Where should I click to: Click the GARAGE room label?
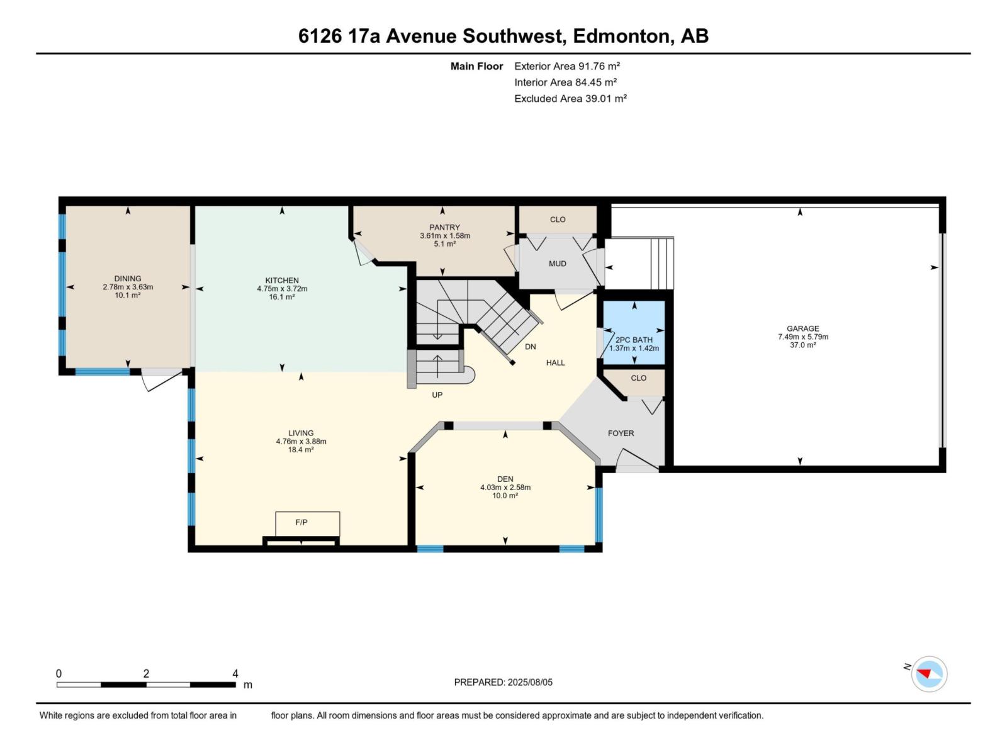pyautogui.click(x=802, y=328)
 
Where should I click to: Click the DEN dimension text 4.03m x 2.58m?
pyautogui.click(x=505, y=488)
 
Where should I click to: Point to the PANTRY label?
pyautogui.click(x=444, y=228)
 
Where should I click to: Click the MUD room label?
pyautogui.click(x=557, y=264)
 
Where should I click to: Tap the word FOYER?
pyautogui.click(x=621, y=433)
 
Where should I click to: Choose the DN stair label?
pyautogui.click(x=530, y=347)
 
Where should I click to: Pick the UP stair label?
pyautogui.click(x=437, y=395)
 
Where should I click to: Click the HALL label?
pyautogui.click(x=555, y=363)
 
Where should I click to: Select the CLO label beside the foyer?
pyautogui.click(x=638, y=378)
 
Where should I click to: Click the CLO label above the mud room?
pyautogui.click(x=558, y=220)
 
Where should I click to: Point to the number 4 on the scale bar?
pyautogui.click(x=235, y=674)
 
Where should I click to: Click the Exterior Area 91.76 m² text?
pyautogui.click(x=567, y=66)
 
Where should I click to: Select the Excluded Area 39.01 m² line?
pyautogui.click(x=570, y=99)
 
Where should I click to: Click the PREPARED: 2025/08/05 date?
pyautogui.click(x=503, y=682)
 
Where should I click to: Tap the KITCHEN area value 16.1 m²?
pyautogui.click(x=281, y=297)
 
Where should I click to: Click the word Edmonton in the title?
pyautogui.click(x=621, y=36)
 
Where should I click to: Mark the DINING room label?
pyautogui.click(x=128, y=279)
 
